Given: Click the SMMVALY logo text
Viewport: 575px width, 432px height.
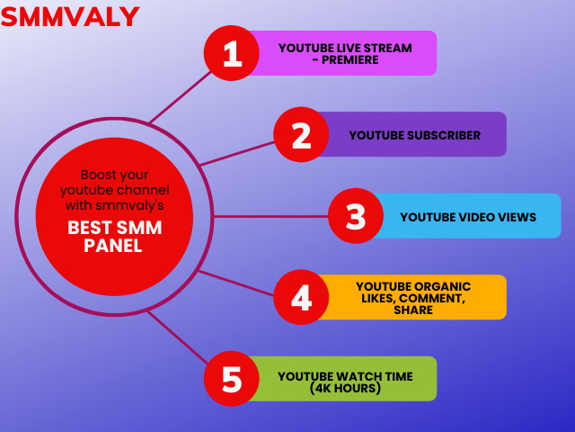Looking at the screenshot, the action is pos(70,16).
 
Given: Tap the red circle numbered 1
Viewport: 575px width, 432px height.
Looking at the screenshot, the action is pos(232,53).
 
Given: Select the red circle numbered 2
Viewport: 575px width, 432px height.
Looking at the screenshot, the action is pos(301,134).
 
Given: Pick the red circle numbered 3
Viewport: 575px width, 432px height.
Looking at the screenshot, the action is pos(356,216).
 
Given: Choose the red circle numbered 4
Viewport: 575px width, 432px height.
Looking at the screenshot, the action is pos(301,297).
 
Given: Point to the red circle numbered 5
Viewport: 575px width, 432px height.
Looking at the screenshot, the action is pos(232,379).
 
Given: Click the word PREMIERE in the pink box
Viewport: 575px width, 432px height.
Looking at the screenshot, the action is pos(349,60).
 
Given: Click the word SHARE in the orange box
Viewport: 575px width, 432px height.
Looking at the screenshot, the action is pos(413,310).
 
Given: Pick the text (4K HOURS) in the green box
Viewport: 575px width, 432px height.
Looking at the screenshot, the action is pos(345,388).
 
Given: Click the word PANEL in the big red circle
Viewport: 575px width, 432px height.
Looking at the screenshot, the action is pos(113,246).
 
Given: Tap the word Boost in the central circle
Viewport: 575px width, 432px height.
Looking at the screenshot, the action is pos(96,175).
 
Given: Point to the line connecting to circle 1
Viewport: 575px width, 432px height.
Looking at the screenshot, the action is pos(181,97).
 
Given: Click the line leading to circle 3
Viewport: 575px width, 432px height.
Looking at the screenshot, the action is pos(271,216).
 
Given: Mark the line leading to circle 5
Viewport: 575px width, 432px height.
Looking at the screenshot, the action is pos(178,337).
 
